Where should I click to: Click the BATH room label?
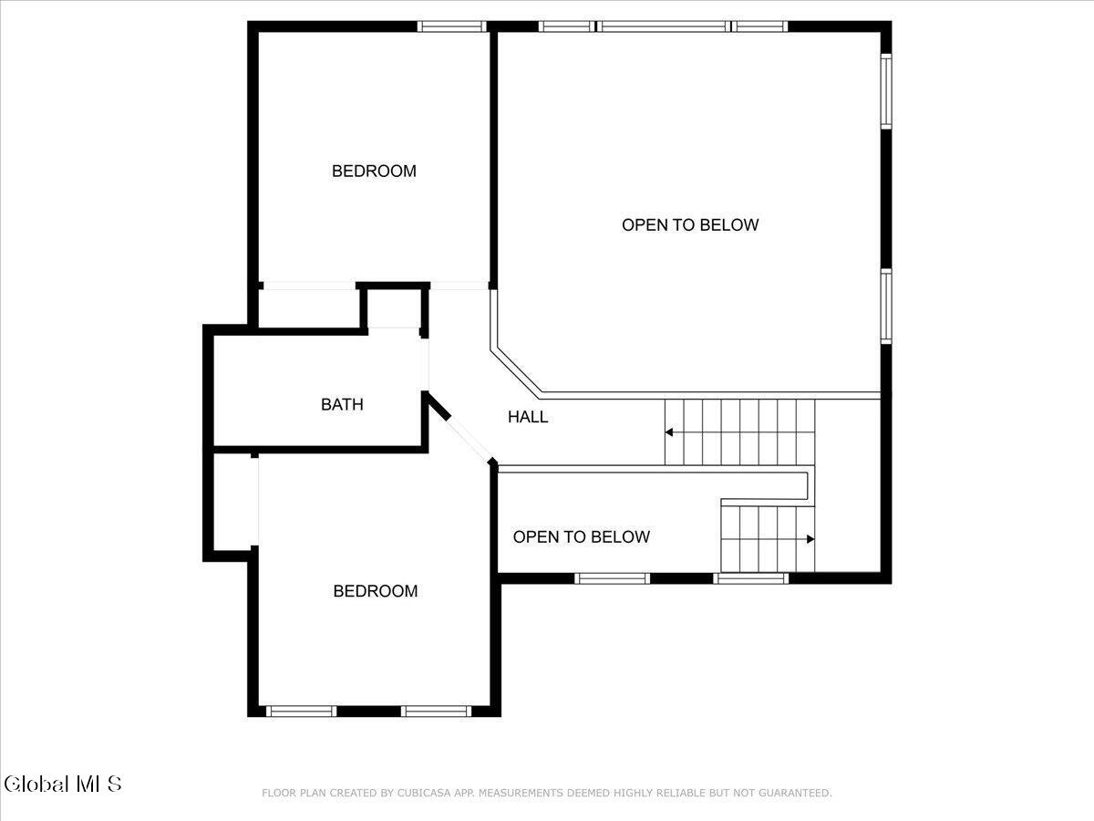(342, 404)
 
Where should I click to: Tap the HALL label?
(528, 417)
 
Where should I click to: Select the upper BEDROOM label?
(374, 171)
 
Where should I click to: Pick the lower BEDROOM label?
(376, 591)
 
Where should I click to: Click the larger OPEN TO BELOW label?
(690, 224)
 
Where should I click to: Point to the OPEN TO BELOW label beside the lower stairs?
(581, 537)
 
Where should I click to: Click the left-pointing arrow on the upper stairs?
(669, 432)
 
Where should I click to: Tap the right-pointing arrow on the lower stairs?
(810, 539)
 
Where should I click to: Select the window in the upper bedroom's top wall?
(451, 26)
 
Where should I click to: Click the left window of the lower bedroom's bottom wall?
(301, 711)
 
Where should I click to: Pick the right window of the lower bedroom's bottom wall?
(436, 711)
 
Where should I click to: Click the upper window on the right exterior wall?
(885, 91)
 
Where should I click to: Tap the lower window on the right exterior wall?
(885, 307)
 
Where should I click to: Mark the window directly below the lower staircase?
(750, 578)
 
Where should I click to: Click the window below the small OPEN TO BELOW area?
(613, 578)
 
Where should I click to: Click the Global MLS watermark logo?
(62, 785)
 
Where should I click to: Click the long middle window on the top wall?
(664, 26)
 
